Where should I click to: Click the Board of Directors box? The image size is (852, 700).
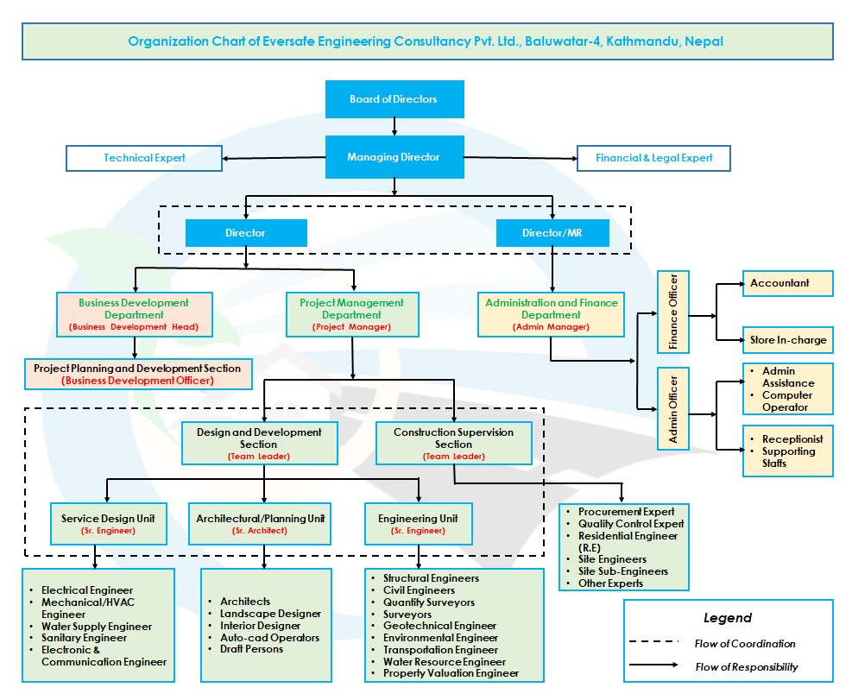(x=394, y=99)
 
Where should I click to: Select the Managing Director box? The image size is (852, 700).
(x=394, y=158)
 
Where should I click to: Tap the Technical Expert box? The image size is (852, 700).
(x=144, y=158)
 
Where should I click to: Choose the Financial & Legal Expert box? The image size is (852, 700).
(x=654, y=158)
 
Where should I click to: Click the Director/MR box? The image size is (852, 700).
(x=552, y=233)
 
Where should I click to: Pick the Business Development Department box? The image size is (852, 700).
(x=134, y=314)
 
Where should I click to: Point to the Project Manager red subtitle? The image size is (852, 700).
(x=351, y=327)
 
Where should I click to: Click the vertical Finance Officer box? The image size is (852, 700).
(x=674, y=312)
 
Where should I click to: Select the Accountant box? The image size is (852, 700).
(x=787, y=283)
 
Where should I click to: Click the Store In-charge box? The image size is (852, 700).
(x=787, y=340)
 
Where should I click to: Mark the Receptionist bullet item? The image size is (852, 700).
(x=792, y=439)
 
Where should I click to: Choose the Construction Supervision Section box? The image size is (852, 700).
(x=453, y=443)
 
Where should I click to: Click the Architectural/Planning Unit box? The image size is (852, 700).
(x=260, y=523)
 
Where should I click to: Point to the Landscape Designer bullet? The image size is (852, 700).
(x=270, y=614)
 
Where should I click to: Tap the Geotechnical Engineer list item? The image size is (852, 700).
(x=439, y=626)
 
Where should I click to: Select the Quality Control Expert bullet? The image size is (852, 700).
(x=630, y=524)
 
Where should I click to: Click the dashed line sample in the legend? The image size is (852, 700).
(x=655, y=643)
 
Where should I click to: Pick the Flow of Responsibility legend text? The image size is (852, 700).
(x=746, y=667)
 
